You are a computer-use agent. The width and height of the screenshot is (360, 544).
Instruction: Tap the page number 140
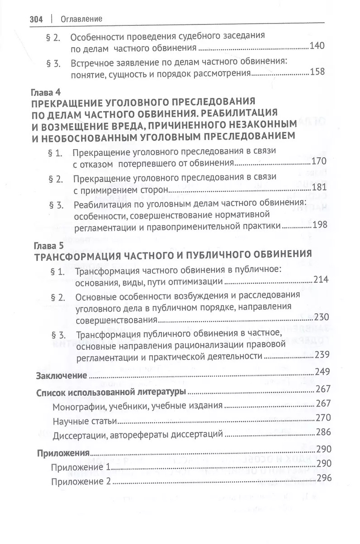316,45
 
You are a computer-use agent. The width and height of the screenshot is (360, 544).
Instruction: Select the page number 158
316,72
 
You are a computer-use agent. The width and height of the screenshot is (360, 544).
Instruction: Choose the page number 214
321,280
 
